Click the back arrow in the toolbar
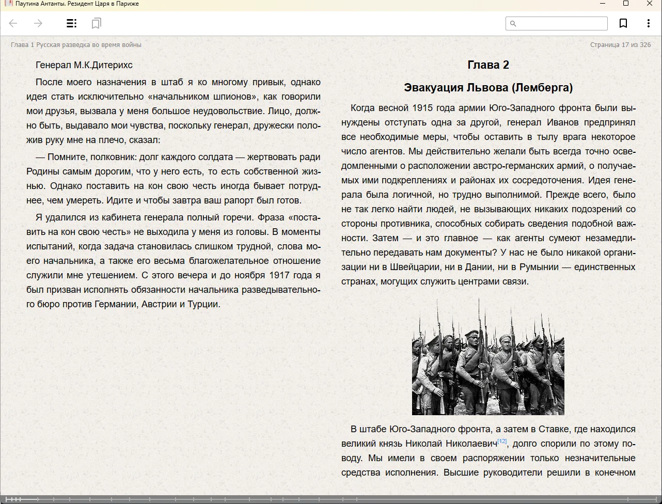[13, 23]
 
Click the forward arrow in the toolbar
[38, 23]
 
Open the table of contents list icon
[72, 23]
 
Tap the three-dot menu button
[649, 23]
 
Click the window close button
[650, 4]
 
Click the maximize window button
[626, 4]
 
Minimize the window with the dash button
[602, 4]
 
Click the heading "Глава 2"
[488, 65]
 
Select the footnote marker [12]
[502, 441]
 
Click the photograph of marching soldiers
[488, 356]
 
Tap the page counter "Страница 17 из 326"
[620, 45]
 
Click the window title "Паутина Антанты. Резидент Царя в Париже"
[77, 4]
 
